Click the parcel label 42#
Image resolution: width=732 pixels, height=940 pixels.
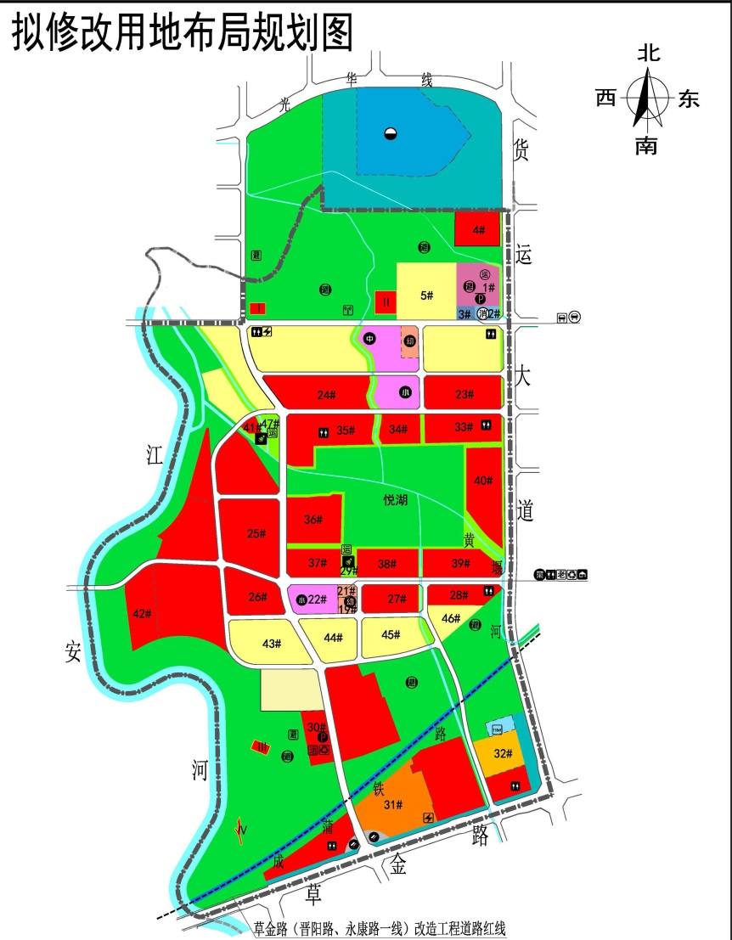pos(142,614)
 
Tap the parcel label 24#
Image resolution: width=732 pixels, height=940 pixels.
pos(327,395)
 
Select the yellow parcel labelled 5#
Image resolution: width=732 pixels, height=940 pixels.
pos(427,296)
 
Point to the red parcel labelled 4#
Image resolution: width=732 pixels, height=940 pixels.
pos(478,229)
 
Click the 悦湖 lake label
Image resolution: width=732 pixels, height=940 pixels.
pos(395,501)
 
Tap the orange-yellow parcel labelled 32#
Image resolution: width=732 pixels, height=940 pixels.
pos(503,753)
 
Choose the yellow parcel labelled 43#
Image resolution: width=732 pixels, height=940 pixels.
pos(271,644)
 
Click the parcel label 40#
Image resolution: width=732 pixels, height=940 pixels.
pos(483,481)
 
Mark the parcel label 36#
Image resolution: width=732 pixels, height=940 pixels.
pos(313,520)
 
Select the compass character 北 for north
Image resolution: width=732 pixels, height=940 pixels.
pos(648,53)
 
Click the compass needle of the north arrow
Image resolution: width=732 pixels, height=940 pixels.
pos(647,98)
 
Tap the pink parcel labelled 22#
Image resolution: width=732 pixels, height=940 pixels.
pos(316,599)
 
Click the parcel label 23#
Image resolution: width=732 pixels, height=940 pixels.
pos(464,394)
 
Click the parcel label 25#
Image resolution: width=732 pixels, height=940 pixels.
pos(256,533)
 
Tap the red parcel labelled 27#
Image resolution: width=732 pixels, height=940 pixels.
pos(397,599)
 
